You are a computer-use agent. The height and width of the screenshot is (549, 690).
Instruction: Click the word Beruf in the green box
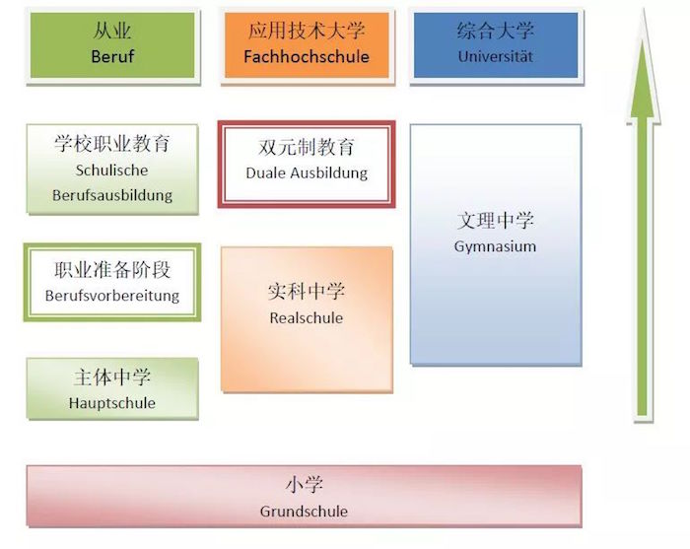(x=112, y=56)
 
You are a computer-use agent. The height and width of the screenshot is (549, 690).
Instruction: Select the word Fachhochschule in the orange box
(x=307, y=56)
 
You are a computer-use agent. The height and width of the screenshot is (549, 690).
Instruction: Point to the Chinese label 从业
(x=112, y=32)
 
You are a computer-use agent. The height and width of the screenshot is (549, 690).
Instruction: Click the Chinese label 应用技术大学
(x=307, y=32)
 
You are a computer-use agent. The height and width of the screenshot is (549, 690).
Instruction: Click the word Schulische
(x=112, y=170)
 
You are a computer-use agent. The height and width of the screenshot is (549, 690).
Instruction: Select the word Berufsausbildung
(x=112, y=194)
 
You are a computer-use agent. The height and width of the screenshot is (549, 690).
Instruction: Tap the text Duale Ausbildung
(x=307, y=172)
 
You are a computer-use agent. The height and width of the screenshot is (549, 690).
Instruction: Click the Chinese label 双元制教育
(x=307, y=148)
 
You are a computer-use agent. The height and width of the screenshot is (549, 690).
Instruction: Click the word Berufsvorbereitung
(x=112, y=295)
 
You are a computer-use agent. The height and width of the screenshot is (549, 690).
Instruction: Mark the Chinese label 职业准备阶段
(x=112, y=269)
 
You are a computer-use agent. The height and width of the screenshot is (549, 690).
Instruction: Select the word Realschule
(x=307, y=317)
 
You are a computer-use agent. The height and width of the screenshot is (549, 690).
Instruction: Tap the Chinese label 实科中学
(x=307, y=292)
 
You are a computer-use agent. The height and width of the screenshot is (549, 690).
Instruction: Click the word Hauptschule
(x=112, y=402)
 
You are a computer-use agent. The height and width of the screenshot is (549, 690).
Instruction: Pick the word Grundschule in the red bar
(x=304, y=511)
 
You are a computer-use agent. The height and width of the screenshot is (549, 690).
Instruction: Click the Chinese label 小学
(x=304, y=485)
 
